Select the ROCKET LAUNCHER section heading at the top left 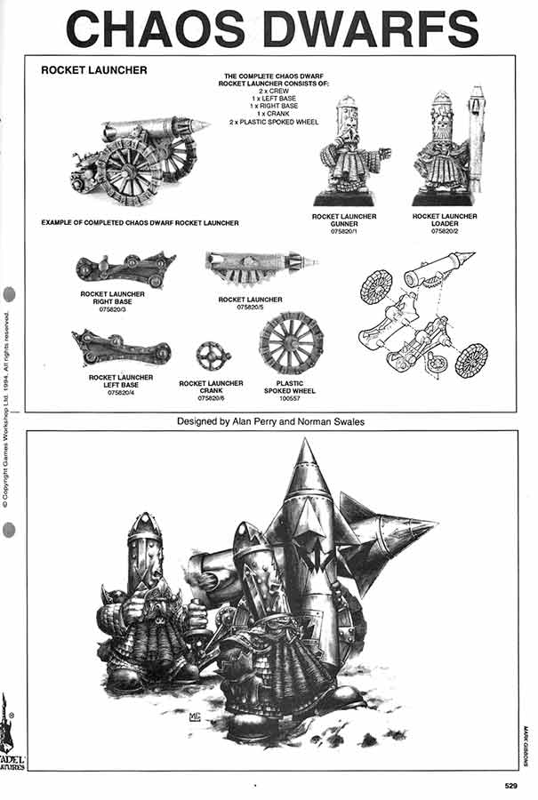tap(94, 70)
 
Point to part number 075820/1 tap(346, 229)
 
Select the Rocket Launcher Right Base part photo tap(124, 267)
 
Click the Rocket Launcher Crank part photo tap(213, 355)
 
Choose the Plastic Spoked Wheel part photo tap(291, 342)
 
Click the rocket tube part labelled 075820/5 tap(260, 262)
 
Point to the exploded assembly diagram tap(423, 316)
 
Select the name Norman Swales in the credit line tap(329, 420)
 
